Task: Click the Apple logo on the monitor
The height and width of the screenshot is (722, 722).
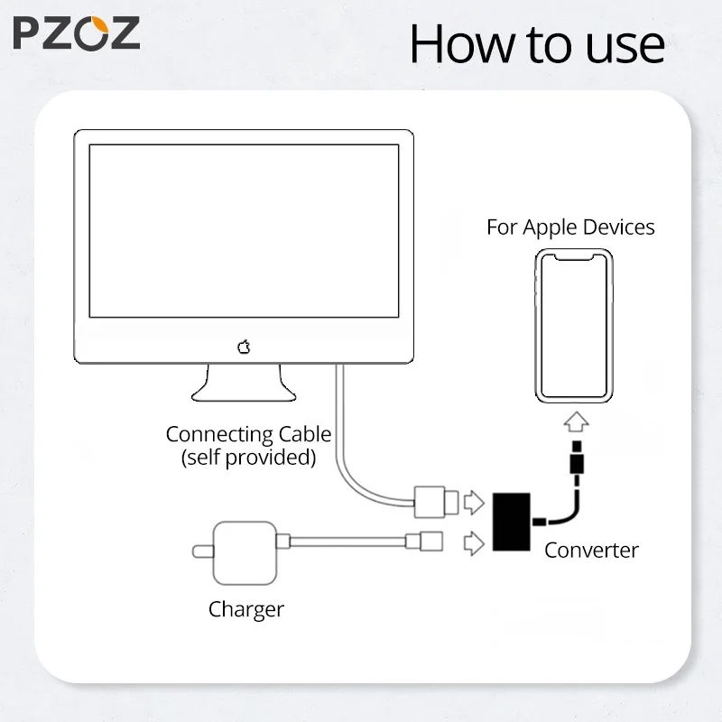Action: tap(243, 347)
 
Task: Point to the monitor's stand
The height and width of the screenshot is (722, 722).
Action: tap(243, 383)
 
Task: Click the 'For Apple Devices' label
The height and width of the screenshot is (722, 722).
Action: tap(570, 227)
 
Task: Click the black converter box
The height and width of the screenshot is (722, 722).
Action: tap(511, 523)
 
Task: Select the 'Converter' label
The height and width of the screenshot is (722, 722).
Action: tap(591, 550)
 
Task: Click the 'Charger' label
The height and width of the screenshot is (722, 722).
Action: tap(246, 609)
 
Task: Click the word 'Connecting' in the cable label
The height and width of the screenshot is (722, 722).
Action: tap(215, 434)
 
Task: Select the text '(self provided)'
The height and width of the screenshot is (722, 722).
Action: tap(248, 458)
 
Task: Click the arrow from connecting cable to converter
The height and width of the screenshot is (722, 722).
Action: tap(473, 502)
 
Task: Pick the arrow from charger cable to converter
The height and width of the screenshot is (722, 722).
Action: tap(473, 542)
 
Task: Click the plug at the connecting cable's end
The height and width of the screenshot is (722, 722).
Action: tap(431, 501)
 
